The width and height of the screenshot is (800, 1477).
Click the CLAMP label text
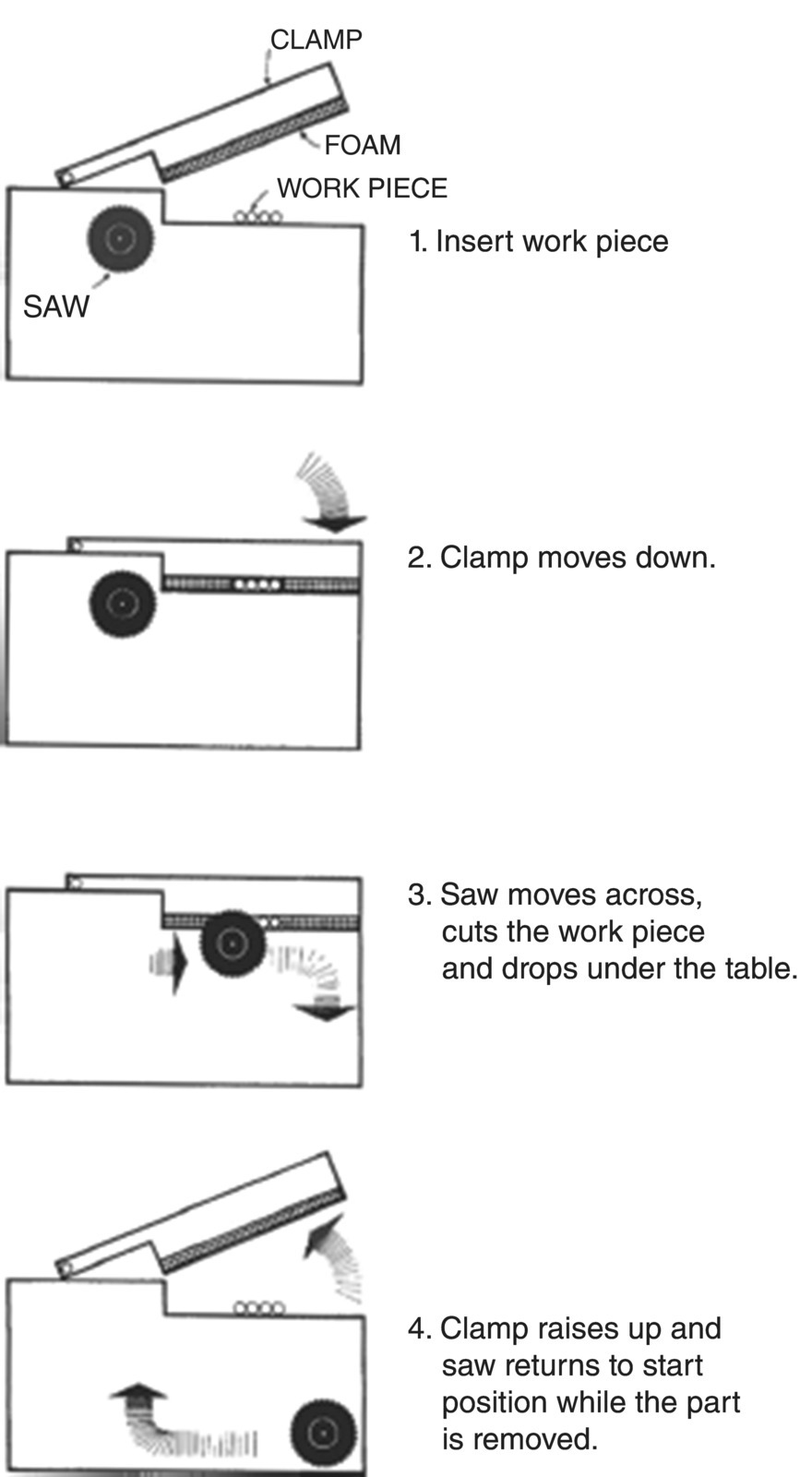[x=316, y=39]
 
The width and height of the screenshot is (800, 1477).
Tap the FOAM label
[x=362, y=145]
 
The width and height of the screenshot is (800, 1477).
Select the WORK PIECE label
[x=362, y=188]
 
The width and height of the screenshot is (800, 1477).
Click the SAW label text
[x=56, y=306]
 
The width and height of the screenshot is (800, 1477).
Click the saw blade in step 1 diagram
[x=119, y=239]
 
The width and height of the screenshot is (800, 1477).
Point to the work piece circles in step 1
[x=257, y=217]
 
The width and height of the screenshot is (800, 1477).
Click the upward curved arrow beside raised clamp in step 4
[x=337, y=1255]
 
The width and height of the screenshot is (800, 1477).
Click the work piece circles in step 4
[x=259, y=1308]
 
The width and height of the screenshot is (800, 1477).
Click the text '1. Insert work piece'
[x=539, y=242]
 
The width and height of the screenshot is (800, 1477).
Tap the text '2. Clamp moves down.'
[x=561, y=558]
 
